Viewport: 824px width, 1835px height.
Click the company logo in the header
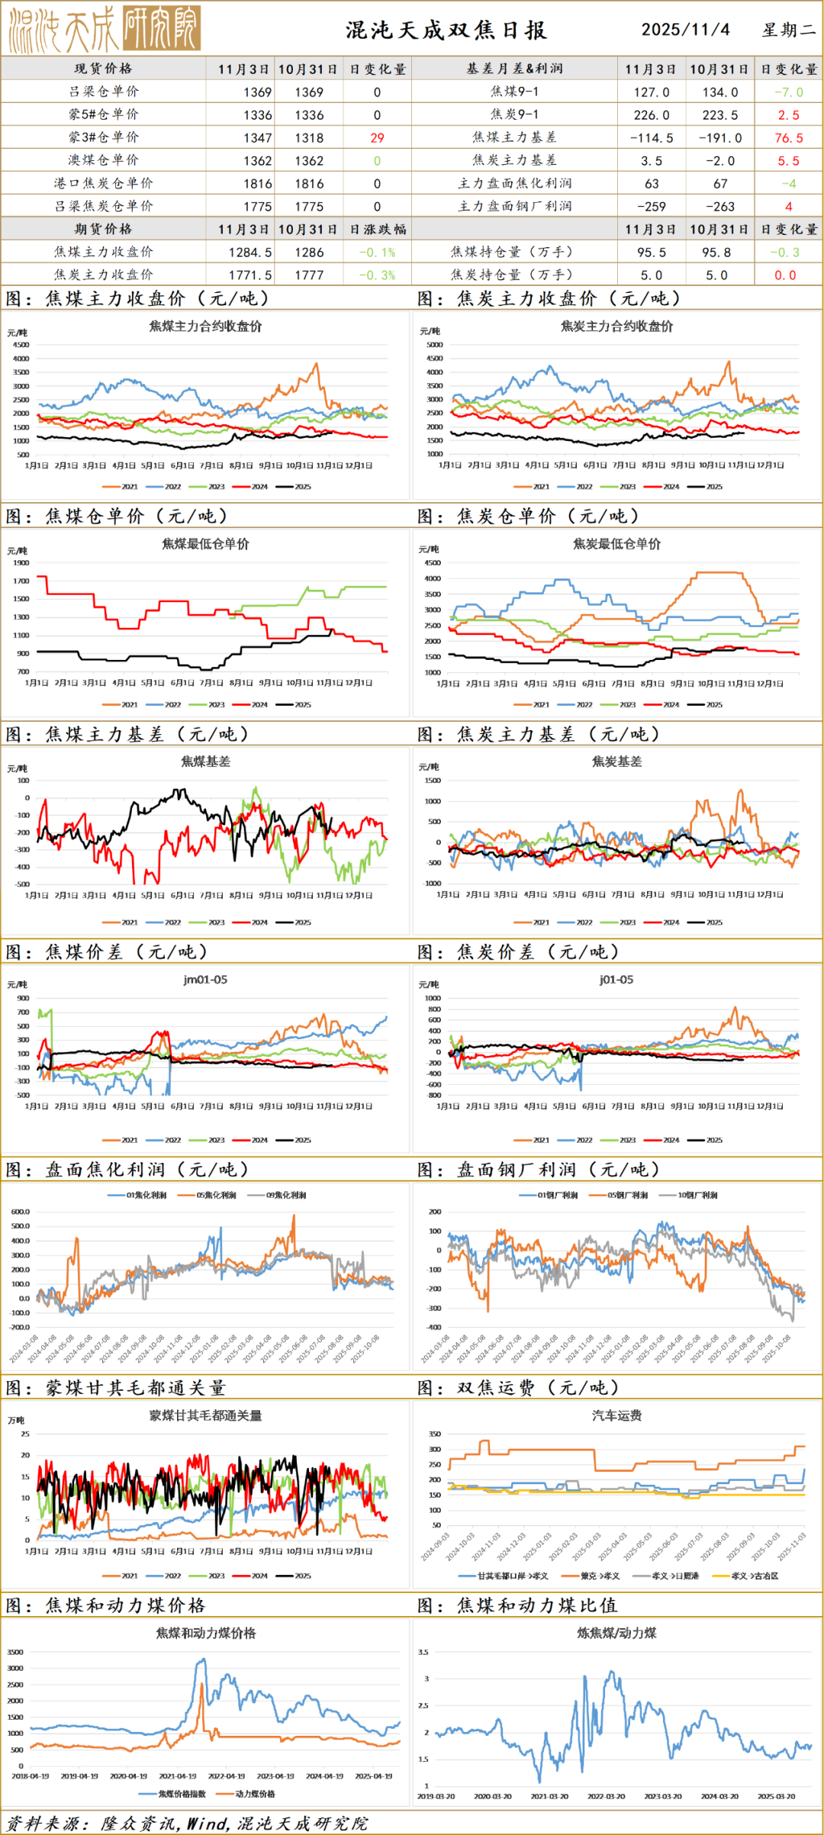[105, 29]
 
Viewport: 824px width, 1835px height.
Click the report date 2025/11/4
[685, 30]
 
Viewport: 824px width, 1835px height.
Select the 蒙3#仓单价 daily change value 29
[377, 138]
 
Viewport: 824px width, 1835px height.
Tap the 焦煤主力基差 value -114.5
[651, 138]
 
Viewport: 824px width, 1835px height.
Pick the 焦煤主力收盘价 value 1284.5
[250, 253]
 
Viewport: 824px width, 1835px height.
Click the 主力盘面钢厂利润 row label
[514, 207]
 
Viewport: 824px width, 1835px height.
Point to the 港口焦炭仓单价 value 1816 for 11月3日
[257, 184]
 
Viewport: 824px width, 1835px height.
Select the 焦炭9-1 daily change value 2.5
[788, 115]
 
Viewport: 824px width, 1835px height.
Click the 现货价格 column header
[103, 69]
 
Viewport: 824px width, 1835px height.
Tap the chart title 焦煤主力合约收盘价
[205, 327]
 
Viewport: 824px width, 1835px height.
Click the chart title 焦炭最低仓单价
[616, 544]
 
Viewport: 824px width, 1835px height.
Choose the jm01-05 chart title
[205, 980]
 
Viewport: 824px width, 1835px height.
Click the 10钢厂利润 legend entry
[697, 1196]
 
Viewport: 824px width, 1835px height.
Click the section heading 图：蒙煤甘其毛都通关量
[116, 1388]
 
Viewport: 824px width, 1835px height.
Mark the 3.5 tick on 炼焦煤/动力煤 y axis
[423, 1652]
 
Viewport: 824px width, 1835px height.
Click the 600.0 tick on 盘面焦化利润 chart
[21, 1212]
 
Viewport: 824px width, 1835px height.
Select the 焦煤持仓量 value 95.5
[651, 253]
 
